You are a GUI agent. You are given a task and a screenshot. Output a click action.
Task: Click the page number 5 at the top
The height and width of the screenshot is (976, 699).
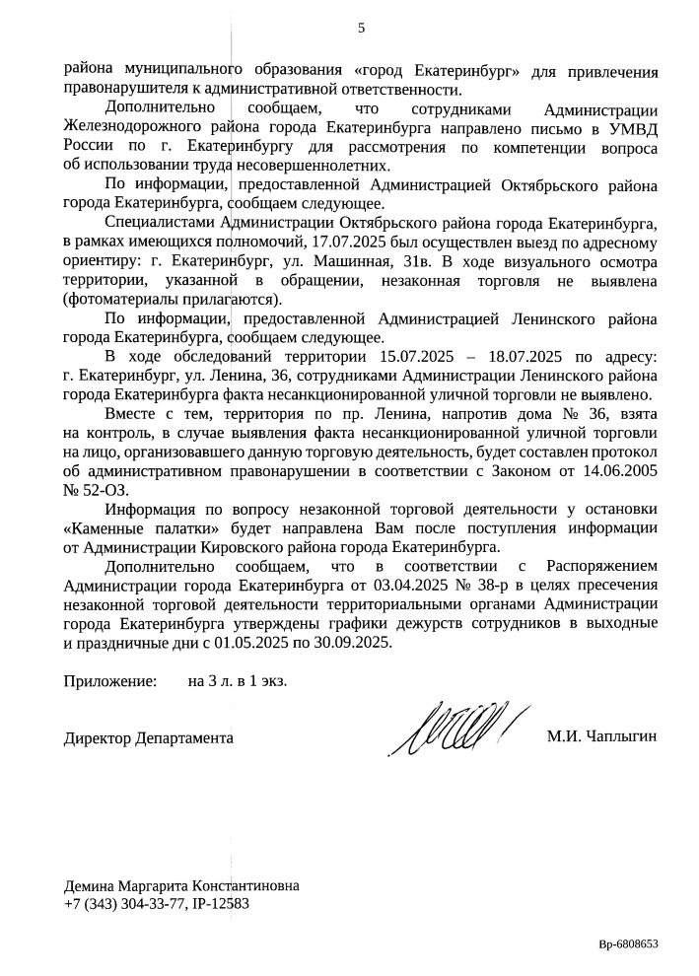tap(361, 28)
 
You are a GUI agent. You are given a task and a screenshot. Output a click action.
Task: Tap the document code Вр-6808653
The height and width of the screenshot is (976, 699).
tap(628, 943)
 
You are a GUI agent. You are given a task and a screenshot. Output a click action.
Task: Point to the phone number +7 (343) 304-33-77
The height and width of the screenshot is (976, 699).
tap(122, 903)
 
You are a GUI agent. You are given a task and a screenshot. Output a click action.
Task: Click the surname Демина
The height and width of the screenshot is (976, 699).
tap(90, 885)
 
